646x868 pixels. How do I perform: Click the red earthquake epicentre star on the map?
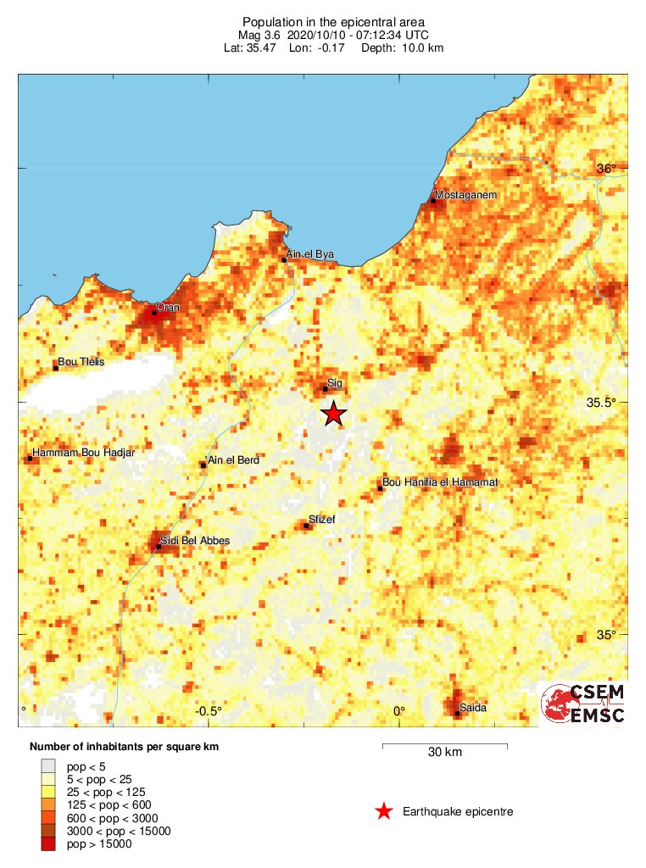(x=334, y=413)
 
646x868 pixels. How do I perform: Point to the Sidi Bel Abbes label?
(x=195, y=540)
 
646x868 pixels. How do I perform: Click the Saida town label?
(x=472, y=708)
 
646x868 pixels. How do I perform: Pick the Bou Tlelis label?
(x=81, y=362)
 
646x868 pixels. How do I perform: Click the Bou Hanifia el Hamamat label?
(x=440, y=482)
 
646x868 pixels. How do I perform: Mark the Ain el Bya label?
(x=310, y=254)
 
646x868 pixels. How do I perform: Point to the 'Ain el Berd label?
(x=233, y=459)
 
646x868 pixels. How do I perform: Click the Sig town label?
(x=334, y=383)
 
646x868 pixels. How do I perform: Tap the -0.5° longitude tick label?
(x=208, y=711)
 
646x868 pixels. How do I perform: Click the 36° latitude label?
(x=607, y=169)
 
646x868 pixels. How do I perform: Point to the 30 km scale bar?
(x=445, y=746)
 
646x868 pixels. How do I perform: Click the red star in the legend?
(x=384, y=811)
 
